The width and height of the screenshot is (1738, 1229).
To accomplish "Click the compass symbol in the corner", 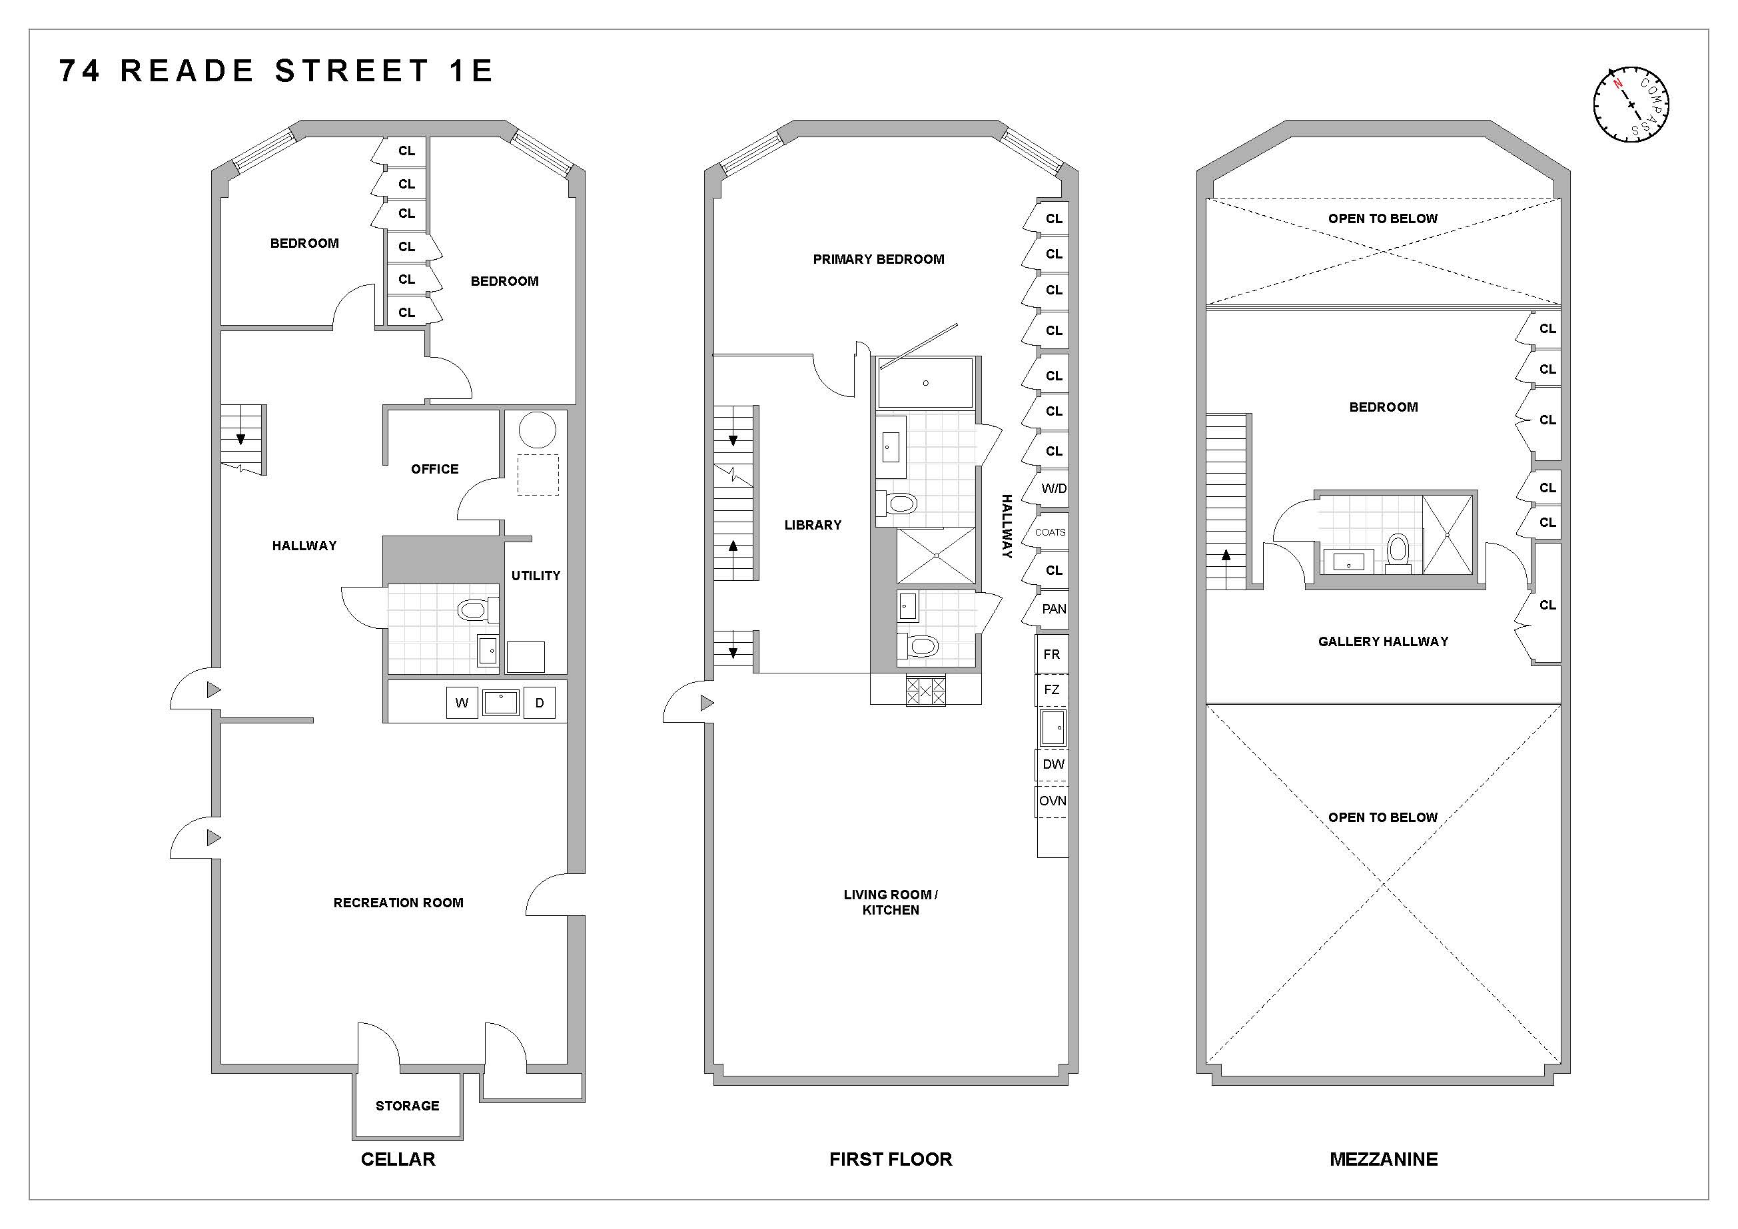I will tap(1631, 105).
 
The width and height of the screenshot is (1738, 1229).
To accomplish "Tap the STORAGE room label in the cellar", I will tap(407, 1106).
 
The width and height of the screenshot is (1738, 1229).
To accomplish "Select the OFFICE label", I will tap(434, 469).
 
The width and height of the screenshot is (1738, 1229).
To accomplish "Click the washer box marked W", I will tap(462, 703).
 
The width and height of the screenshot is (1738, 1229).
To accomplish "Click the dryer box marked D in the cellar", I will tap(540, 703).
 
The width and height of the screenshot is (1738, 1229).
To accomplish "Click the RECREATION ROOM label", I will tap(398, 903).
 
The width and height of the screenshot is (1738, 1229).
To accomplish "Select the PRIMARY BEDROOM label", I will tap(878, 260).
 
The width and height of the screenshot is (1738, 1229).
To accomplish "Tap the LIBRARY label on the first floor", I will tap(812, 525).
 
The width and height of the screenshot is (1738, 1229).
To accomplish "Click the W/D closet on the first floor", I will tap(1053, 489).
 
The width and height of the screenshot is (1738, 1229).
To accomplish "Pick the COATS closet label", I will tap(1050, 533).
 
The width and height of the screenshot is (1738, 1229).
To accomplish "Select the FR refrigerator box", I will tap(1051, 655).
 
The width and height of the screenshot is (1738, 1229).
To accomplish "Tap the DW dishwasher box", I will tap(1053, 764).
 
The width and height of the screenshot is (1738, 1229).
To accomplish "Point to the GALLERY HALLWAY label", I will tap(1382, 641).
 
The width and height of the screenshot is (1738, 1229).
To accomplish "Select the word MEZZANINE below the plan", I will tap(1383, 1159).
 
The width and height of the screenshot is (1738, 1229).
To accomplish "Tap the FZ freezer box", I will tap(1051, 689).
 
